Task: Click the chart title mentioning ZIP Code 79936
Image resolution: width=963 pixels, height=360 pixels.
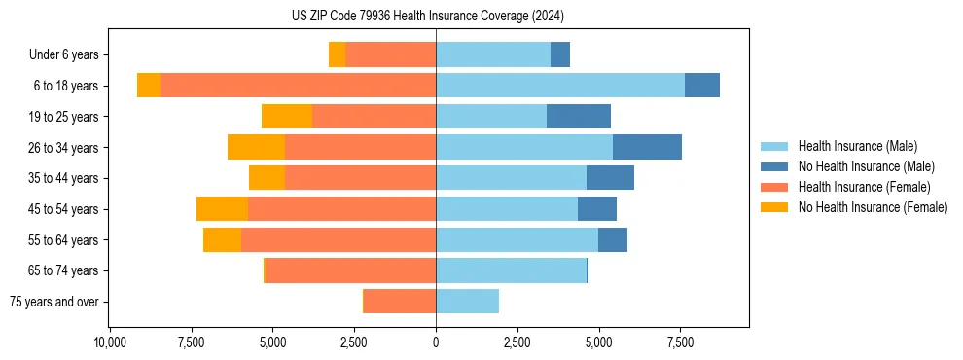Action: tap(427, 17)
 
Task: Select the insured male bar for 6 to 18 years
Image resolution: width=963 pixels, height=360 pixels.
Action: tap(559, 86)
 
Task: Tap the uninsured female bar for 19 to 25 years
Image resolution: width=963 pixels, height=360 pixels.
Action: tap(287, 117)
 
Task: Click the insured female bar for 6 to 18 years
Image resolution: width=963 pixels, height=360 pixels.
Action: tap(298, 86)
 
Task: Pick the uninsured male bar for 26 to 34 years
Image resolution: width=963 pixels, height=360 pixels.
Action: tap(647, 147)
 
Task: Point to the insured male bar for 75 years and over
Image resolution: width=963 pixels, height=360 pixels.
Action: tap(467, 302)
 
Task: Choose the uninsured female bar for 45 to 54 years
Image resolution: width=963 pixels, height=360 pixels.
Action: tap(222, 209)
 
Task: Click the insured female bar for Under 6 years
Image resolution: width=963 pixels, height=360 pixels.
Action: tap(390, 54)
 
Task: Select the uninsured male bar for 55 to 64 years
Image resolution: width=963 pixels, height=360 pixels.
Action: tap(613, 240)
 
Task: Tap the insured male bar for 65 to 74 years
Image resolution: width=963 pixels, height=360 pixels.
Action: tap(511, 270)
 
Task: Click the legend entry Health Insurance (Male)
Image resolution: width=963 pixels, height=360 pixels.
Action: tap(857, 146)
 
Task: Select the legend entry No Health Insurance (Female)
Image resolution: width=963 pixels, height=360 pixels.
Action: tap(873, 207)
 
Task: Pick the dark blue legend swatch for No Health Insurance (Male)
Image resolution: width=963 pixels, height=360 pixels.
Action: tap(774, 166)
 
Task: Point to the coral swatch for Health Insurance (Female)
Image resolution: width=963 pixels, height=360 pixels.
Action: tap(774, 187)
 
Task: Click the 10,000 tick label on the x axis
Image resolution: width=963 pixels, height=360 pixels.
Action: tap(110, 343)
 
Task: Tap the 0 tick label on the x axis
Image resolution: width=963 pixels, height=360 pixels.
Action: tap(436, 343)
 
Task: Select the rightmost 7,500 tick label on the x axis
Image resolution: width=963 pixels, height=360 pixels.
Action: tap(680, 343)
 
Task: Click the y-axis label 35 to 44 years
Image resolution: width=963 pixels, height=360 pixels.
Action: tap(64, 178)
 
